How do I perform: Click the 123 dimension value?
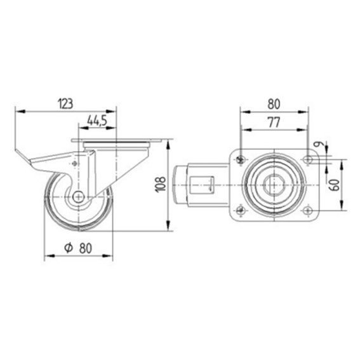click(x=66, y=103)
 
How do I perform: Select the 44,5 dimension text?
click(x=97, y=121)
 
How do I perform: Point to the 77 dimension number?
click(x=274, y=123)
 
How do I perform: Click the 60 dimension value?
click(x=335, y=185)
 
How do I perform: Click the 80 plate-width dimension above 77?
click(x=274, y=104)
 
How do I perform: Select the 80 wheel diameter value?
click(x=86, y=248)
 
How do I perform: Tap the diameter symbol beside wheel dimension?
click(x=69, y=248)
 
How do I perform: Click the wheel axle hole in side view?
click(x=79, y=197)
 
